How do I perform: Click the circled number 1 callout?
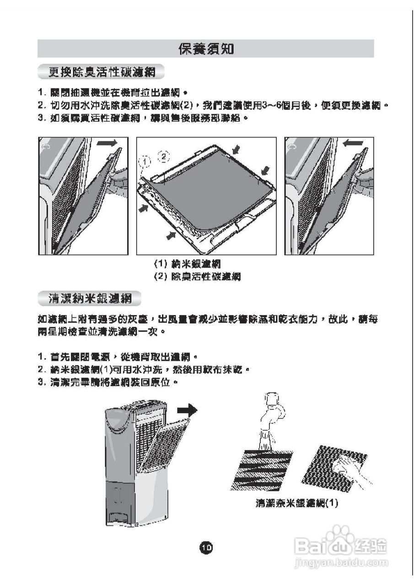tap(145, 162)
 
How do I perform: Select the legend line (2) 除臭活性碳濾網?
tap(197, 277)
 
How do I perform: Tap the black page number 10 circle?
tap(206, 547)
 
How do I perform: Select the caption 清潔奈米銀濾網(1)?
tap(296, 503)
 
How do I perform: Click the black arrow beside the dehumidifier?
tap(188, 409)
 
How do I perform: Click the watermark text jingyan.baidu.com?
tap(341, 562)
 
